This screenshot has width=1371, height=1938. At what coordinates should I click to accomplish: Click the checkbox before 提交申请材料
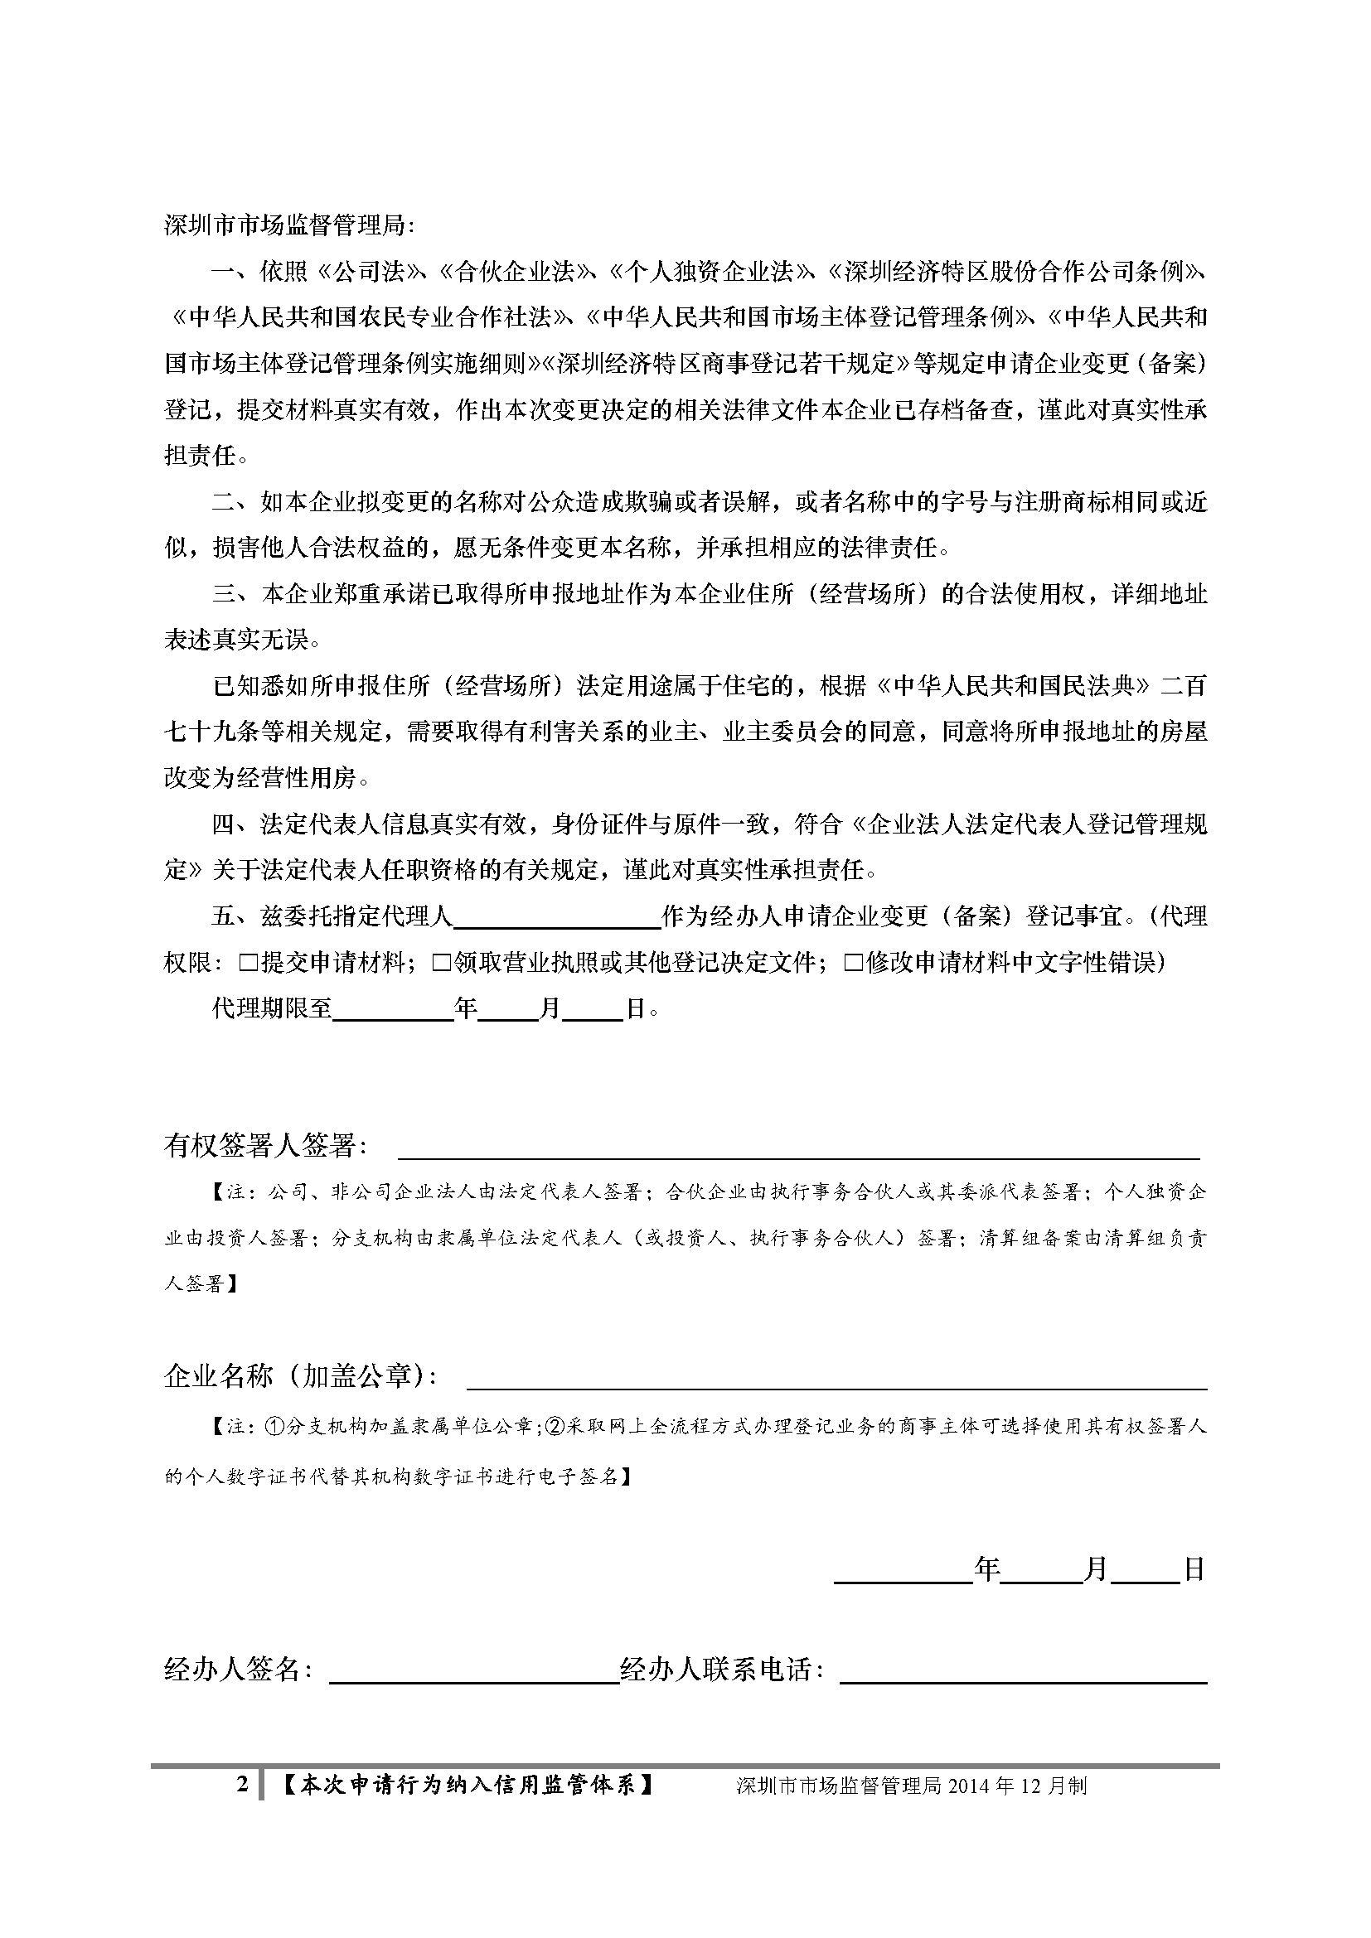[x=249, y=962]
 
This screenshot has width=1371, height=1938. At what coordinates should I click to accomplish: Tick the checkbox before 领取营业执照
[x=442, y=962]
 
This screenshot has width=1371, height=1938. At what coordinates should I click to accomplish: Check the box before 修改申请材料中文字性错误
[x=854, y=962]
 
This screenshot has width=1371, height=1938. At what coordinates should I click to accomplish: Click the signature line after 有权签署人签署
[x=797, y=1148]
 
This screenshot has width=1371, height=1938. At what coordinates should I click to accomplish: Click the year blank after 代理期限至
[x=394, y=1008]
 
